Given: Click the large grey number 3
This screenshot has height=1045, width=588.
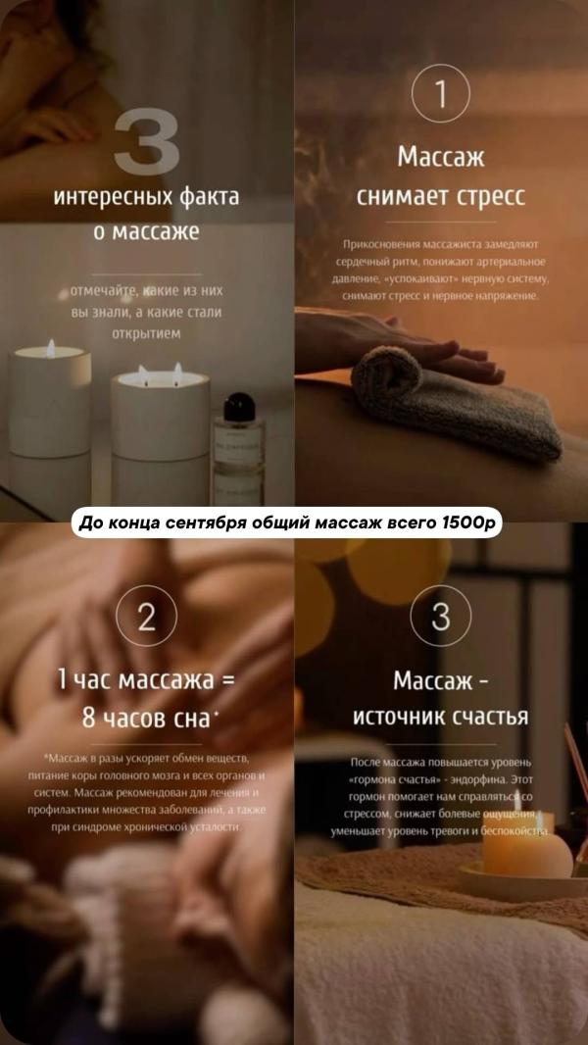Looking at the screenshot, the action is point(146,142).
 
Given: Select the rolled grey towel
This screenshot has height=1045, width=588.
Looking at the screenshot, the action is point(453,405).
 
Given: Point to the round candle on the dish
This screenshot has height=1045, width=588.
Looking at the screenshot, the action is point(526,850).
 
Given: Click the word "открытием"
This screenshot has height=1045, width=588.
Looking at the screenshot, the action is point(146,333).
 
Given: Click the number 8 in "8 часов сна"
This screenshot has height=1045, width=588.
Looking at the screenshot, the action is point(88,717).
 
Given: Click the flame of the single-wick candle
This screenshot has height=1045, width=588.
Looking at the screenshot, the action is point(51,347).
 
